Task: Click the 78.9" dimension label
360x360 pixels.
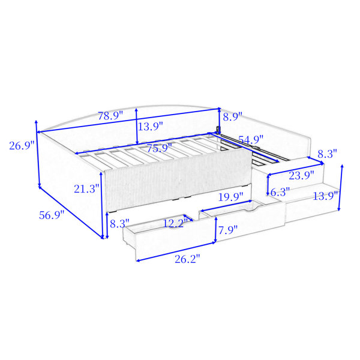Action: [110, 116]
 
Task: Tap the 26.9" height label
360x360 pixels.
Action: [22, 146]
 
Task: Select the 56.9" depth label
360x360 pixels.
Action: [52, 215]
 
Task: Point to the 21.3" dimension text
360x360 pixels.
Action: [86, 189]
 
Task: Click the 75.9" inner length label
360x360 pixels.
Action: [160, 148]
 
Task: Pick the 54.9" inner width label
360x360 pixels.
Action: [251, 140]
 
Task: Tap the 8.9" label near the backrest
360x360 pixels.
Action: [233, 116]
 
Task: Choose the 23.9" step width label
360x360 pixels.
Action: [301, 176]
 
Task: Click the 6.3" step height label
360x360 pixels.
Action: [280, 192]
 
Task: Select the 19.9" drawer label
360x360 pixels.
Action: [230, 197]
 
